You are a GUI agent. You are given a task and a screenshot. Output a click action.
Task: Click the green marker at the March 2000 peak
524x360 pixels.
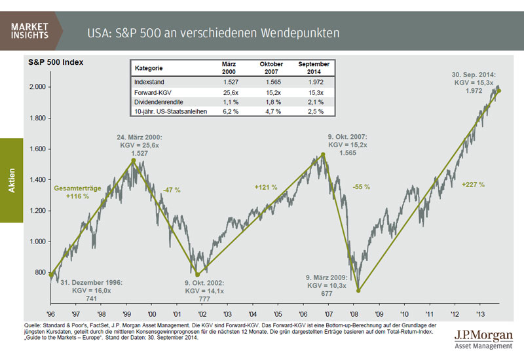pyautogui.click(x=133, y=160)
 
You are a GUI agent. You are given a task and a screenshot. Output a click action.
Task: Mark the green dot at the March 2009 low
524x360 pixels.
pyautogui.click(x=358, y=291)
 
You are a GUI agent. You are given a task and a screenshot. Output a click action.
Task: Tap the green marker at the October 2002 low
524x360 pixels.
pyautogui.click(x=198, y=274)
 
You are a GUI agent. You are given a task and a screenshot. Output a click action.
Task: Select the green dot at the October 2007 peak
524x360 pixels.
pyautogui.click(x=323, y=155)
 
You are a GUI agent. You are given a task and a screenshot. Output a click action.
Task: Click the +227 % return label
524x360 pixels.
pyautogui.click(x=473, y=185)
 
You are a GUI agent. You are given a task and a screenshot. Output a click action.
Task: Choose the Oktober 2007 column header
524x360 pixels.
pyautogui.click(x=271, y=68)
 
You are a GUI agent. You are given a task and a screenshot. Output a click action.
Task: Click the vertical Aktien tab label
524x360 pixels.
pyautogui.click(x=12, y=180)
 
